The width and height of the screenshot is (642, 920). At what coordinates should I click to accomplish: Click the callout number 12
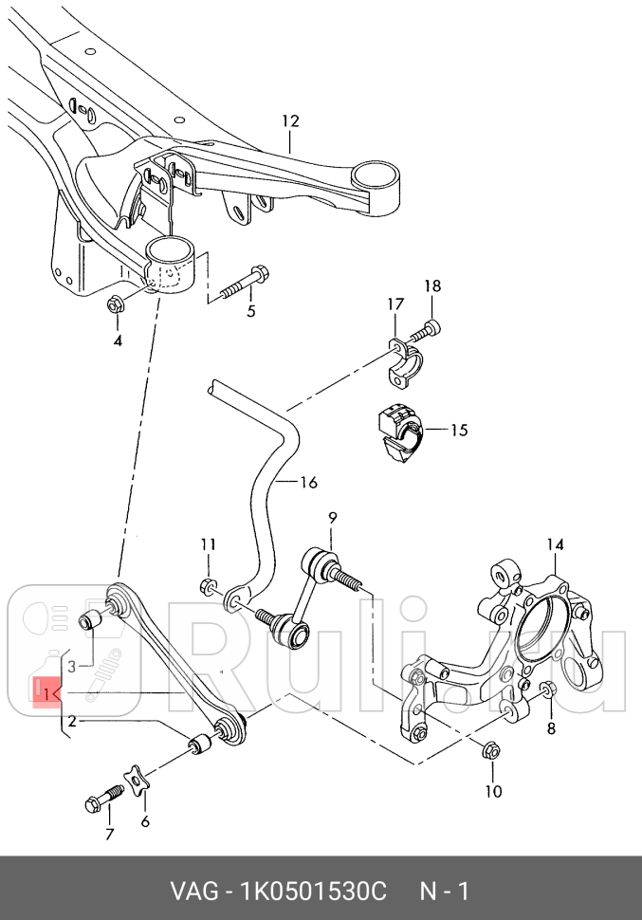tap(289, 121)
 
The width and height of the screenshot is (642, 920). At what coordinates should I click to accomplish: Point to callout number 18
tap(431, 285)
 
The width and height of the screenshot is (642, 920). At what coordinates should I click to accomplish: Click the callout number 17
tap(394, 304)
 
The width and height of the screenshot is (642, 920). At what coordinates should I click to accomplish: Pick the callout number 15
tap(459, 431)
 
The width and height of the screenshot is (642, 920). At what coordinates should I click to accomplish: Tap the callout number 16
tap(308, 483)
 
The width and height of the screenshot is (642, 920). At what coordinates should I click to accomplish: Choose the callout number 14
tap(555, 544)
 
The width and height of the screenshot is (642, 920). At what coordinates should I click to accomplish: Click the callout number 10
tap(493, 791)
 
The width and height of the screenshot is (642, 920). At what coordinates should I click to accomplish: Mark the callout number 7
tap(109, 835)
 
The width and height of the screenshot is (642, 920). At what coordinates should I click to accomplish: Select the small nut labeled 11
tap(209, 586)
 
